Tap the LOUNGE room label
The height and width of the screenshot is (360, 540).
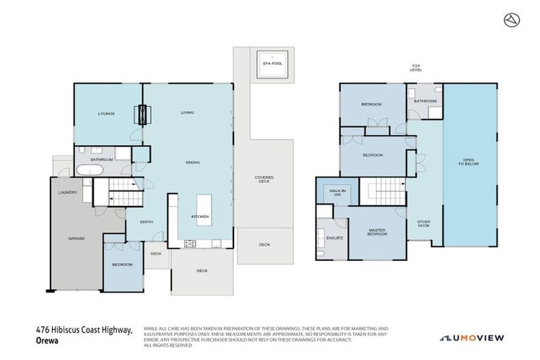(106, 113)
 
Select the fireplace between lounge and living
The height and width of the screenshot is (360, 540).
(143, 114)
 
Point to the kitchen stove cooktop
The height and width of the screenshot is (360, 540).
(190, 244)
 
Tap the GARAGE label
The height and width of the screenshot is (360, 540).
(76, 238)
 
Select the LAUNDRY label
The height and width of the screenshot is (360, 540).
(68, 192)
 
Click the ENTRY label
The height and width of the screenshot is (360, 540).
(146, 222)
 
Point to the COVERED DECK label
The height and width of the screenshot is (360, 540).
(264, 179)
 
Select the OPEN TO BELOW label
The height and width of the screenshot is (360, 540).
(468, 162)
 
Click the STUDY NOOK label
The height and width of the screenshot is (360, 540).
(423, 224)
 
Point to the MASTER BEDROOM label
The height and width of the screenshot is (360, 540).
(378, 232)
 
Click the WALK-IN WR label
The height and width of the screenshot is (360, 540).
(330, 191)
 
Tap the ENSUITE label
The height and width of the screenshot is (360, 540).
(335, 238)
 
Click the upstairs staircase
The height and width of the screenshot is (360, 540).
(383, 192)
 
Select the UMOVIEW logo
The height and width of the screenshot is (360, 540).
(472, 337)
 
